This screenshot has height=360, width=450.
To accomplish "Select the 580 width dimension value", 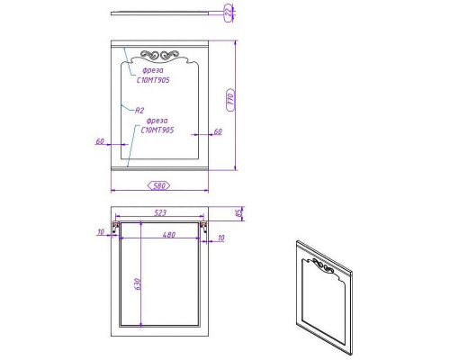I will pos(158,185).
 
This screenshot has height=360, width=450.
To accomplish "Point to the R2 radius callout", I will pos(139,110).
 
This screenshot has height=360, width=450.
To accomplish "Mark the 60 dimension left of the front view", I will pos(100,140).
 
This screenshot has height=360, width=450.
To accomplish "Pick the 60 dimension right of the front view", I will pos(218,131).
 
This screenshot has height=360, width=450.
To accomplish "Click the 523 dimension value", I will pos(158,213).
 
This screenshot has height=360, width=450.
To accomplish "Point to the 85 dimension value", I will pos(239,214).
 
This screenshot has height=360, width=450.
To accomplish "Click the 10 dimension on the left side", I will pos(101,231).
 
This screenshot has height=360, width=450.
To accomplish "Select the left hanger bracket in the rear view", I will pos(115,226).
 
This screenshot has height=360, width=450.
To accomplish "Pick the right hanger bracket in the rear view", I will pos(203,226).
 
